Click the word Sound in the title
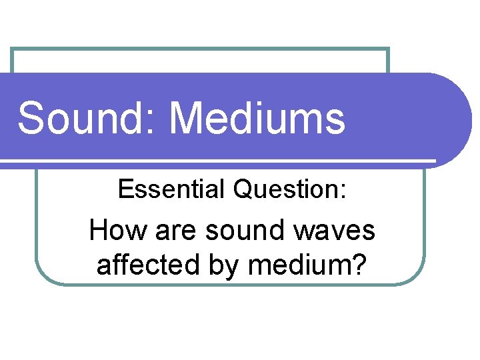pyautogui.click(x=81, y=119)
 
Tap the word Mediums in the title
pyautogui.click(x=257, y=119)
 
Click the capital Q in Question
pyautogui.click(x=242, y=190)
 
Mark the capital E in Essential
pyautogui.click(x=125, y=190)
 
